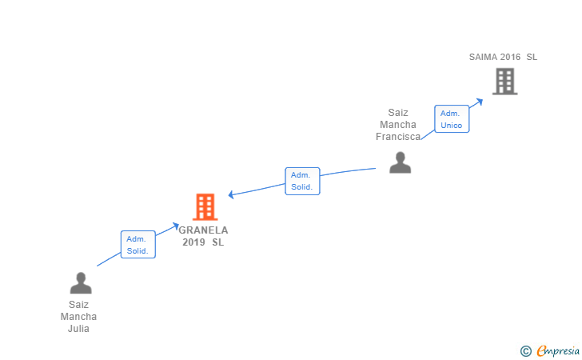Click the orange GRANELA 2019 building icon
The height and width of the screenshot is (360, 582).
[x=205, y=207]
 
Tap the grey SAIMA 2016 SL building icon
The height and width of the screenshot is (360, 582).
[x=504, y=81]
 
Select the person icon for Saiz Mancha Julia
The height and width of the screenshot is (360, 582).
[x=81, y=282]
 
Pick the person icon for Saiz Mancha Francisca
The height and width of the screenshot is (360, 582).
[x=400, y=162]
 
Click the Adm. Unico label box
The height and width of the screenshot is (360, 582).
[x=452, y=119]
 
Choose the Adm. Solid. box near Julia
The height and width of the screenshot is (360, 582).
[x=138, y=245]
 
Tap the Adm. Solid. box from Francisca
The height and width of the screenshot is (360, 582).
[x=302, y=181]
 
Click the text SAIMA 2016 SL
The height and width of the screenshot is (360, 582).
[x=503, y=57]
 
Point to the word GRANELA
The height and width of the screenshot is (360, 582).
[x=203, y=230]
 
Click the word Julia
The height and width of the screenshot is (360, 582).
[x=79, y=329]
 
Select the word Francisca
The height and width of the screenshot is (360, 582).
[x=398, y=137]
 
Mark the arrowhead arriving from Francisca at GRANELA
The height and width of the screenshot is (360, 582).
[x=231, y=194]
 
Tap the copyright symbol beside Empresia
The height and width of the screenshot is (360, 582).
[x=525, y=350]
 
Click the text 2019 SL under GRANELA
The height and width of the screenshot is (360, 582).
[x=203, y=242]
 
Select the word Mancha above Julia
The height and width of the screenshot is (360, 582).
[x=79, y=317]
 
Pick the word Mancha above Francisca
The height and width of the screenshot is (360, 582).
[x=398, y=125]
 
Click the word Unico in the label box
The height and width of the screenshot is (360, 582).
[x=452, y=126]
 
